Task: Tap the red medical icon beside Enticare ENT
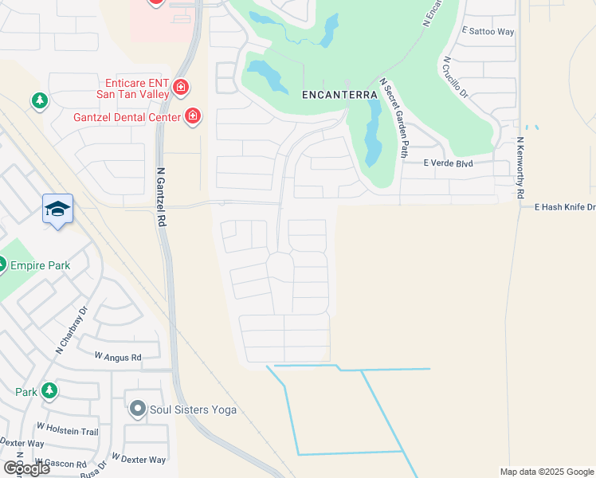point(182,86)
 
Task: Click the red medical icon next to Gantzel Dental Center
point(192,118)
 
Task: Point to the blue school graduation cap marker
point(58,209)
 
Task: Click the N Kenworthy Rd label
point(520,167)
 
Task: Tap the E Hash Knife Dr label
point(565,207)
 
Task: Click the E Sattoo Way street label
point(488,32)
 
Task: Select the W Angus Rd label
point(117,357)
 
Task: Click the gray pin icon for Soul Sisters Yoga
point(137,410)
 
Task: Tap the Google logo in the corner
point(26,468)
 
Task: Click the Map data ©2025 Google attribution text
point(547,472)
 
